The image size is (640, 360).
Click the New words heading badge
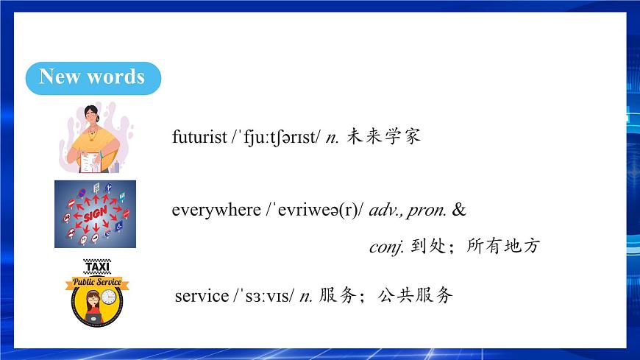click(92, 77)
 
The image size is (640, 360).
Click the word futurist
click(199, 137)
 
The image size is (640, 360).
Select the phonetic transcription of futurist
click(276, 137)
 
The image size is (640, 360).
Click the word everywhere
click(216, 211)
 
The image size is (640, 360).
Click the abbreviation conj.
click(386, 247)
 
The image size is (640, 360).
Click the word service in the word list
click(202, 296)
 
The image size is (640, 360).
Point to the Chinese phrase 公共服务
click(415, 296)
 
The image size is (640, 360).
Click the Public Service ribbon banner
click(96, 283)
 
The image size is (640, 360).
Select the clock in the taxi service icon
click(109, 297)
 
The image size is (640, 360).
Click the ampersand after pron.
click(460, 211)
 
